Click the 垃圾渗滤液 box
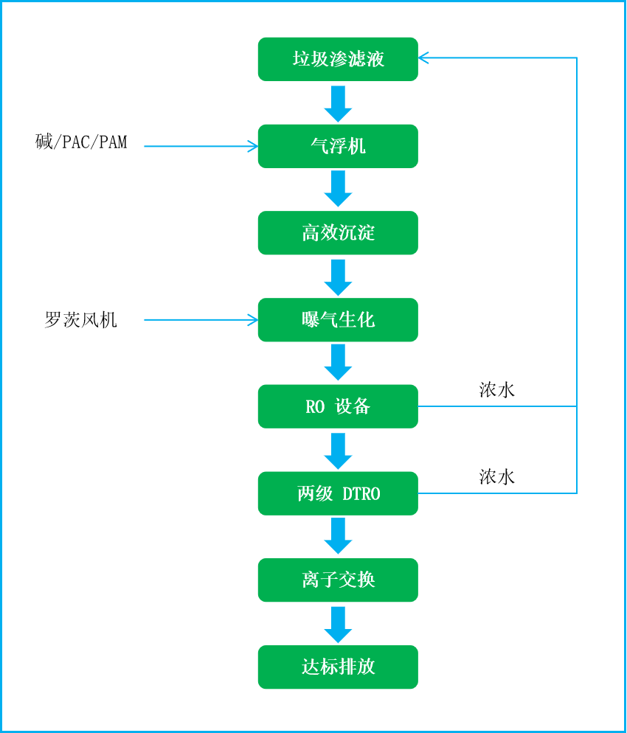338,59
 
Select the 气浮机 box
338,146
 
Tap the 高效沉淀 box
338,233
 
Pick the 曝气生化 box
338,320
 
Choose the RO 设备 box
338,406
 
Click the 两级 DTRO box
338,493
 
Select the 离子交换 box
338,580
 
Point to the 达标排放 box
338,667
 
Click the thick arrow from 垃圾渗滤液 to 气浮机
338,103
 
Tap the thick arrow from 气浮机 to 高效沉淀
338,189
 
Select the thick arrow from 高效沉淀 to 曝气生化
338,277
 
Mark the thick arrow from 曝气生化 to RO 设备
338,362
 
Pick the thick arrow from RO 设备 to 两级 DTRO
338,451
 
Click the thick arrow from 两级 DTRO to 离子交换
338,536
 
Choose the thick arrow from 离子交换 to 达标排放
338,624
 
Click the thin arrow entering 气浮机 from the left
199,147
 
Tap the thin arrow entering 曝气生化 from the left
199,320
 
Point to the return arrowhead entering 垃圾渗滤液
423,58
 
